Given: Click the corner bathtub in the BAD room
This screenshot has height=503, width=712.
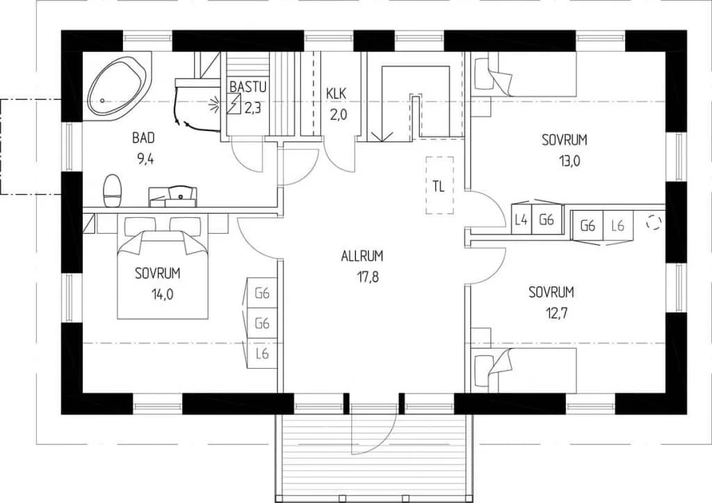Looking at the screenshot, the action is (x=117, y=86).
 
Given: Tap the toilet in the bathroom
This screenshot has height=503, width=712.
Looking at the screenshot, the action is (x=113, y=191).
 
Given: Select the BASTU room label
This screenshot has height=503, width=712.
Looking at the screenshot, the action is (x=248, y=86).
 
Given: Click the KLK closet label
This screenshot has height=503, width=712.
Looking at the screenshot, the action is (x=337, y=94).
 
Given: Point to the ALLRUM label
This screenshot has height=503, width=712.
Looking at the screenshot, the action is (x=362, y=256).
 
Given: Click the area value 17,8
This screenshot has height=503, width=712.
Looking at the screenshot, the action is (x=368, y=277).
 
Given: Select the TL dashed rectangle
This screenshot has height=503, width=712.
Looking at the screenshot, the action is (x=439, y=185).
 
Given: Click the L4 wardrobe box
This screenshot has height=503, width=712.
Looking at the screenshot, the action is (x=521, y=221).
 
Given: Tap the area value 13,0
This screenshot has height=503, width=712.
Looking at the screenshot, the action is (x=569, y=161).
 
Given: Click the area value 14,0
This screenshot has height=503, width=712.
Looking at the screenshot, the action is (x=163, y=294).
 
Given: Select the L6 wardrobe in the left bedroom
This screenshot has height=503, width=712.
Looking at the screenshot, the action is (x=262, y=354).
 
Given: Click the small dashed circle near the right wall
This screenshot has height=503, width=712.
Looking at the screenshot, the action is (x=654, y=222).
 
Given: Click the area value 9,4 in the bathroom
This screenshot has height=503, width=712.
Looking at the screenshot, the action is (x=145, y=159).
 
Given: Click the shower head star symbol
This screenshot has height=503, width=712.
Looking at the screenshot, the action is (x=214, y=106).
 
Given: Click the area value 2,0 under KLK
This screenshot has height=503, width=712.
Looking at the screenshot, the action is (x=338, y=115).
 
